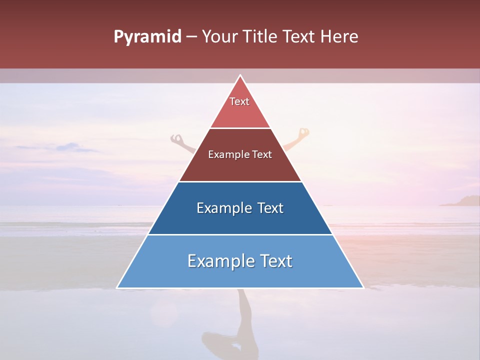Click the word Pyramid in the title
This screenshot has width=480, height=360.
[x=147, y=37]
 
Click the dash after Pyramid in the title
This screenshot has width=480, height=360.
[x=191, y=37]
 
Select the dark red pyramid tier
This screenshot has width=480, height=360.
[x=240, y=165]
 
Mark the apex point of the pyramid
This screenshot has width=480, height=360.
[x=240, y=75]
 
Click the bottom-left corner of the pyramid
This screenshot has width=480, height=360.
[x=117, y=287]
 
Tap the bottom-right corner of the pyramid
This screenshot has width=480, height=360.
[x=363, y=287]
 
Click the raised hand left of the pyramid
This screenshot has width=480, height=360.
[x=176, y=138]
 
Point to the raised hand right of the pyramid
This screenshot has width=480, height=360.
[x=303, y=133]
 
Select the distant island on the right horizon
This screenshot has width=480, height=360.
[x=460, y=201]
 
